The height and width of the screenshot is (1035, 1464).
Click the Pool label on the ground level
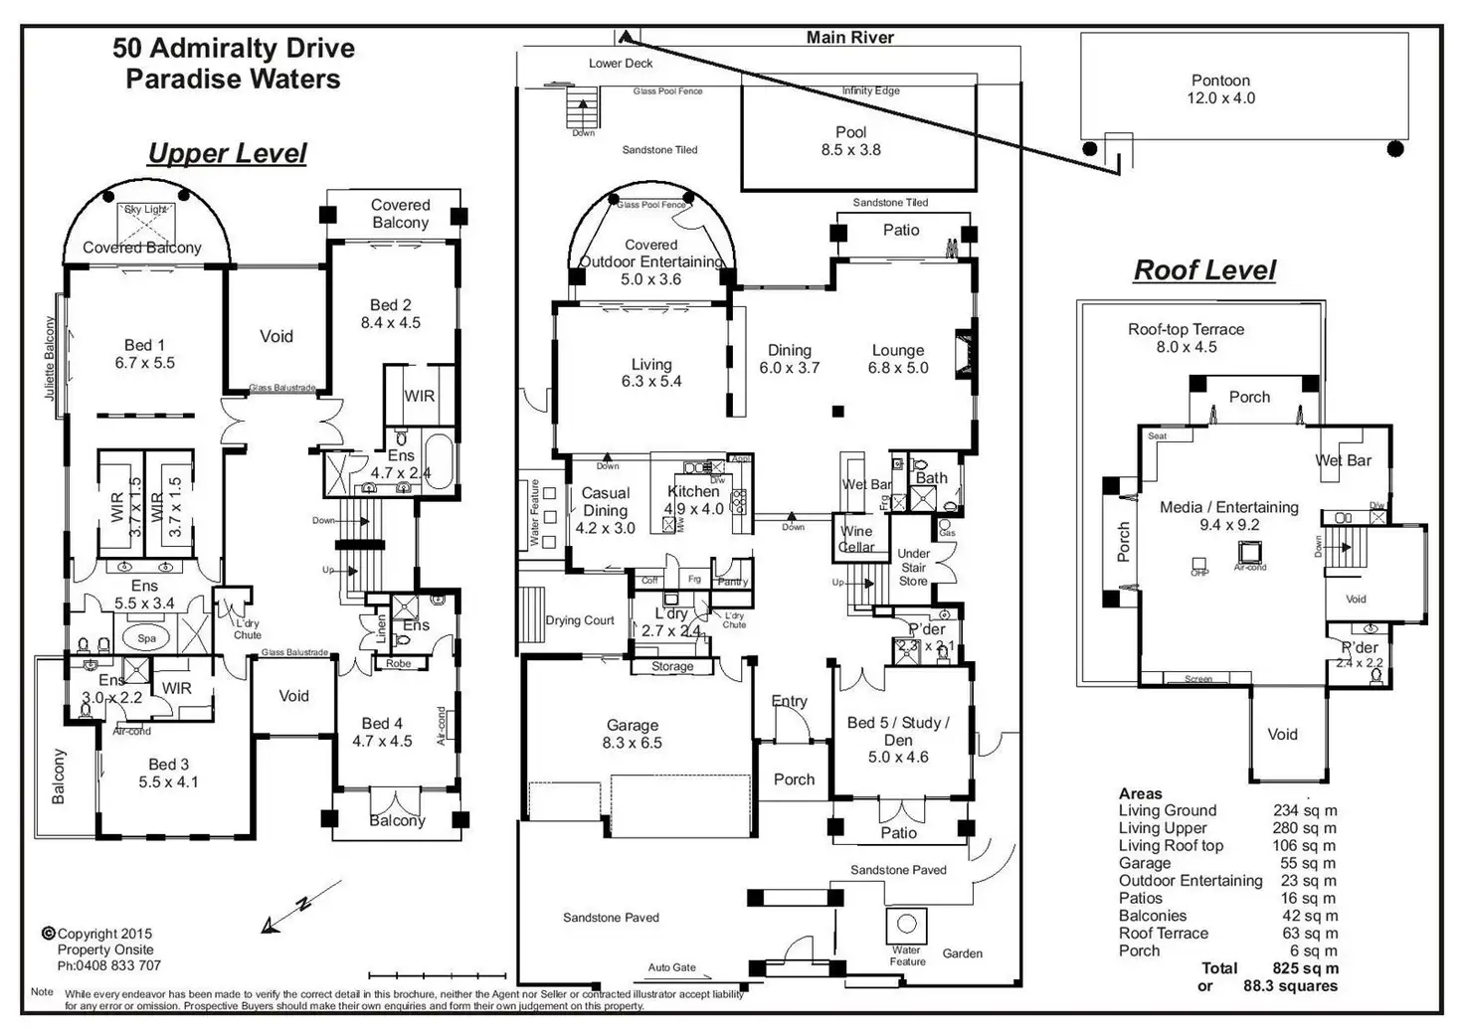coord(850,132)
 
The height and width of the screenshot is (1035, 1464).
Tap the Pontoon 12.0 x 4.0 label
coord(1220,89)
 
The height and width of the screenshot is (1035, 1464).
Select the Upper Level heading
coord(227,153)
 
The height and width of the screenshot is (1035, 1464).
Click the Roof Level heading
coord(1204,270)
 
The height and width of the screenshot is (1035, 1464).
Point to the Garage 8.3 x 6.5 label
coord(633,734)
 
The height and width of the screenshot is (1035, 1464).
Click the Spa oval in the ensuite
coord(147,638)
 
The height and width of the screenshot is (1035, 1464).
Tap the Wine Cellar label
coord(855,539)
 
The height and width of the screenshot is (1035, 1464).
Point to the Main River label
coord(849,38)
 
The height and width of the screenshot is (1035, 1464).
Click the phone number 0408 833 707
coord(108,965)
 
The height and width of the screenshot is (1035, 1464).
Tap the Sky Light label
coord(145,210)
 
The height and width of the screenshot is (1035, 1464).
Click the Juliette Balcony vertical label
coord(51,359)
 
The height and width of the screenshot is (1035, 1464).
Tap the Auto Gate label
coord(671,967)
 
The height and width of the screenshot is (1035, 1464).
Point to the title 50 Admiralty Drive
coord(234,48)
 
